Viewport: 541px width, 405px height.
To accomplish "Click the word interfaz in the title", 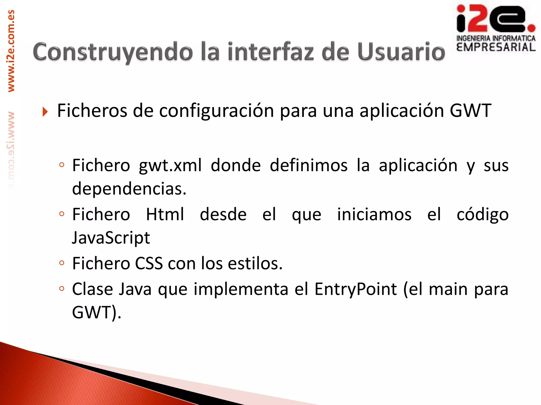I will tap(271, 52).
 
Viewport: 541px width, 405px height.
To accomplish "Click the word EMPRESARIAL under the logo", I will tap(496, 47).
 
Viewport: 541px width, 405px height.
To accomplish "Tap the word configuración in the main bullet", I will tap(216, 111).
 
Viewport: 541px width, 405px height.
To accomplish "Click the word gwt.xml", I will tap(170, 166).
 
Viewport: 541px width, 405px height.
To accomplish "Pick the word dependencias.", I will tap(129, 189).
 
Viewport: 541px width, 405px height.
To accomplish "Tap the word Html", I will tap(165, 214).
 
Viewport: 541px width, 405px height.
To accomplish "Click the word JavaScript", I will tap(111, 238).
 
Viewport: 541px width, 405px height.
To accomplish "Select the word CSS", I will tap(149, 263).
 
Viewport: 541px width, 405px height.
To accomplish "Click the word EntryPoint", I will tap(356, 289).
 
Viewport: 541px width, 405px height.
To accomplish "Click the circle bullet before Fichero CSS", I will tap(62, 263).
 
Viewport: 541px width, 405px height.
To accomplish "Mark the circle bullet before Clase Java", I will tap(62, 289).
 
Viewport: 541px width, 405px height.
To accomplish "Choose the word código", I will tap(483, 215).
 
